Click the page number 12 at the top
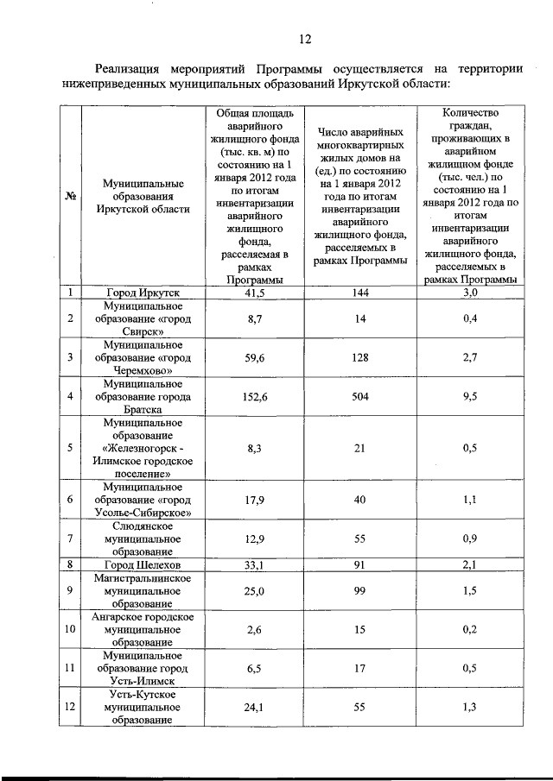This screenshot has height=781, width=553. coord(304,39)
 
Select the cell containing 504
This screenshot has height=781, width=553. coord(359,396)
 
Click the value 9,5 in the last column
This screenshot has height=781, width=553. coord(471,396)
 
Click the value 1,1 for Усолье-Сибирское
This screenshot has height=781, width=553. coord(471,501)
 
